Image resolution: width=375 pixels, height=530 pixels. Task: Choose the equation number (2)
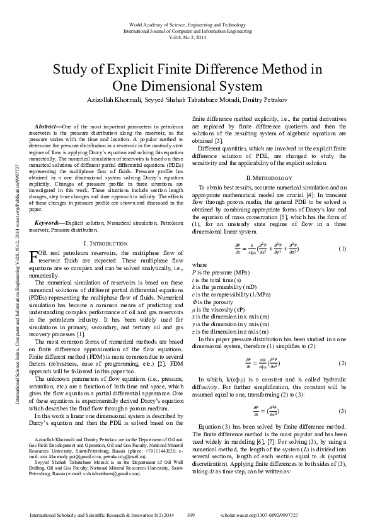[x=343, y=364]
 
